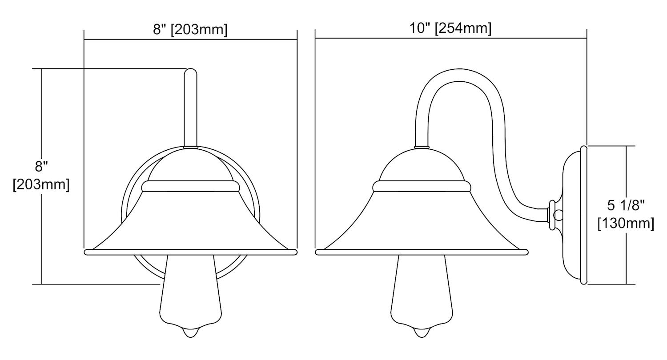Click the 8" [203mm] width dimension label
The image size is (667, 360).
pos(190,30)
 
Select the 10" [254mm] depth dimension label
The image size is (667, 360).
pos(450,28)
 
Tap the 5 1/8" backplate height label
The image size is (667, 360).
pos(626,205)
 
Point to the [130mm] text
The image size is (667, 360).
pos(626,224)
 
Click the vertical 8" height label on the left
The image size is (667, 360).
pos(41,166)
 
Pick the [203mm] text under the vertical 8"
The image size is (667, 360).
pos(41,185)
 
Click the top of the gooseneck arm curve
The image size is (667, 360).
pos(459,71)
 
